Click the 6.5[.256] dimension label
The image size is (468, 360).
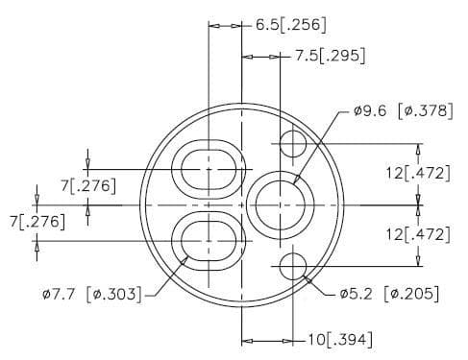tap(287, 24)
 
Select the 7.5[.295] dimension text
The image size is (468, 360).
tap(329, 57)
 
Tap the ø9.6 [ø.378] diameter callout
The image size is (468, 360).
tap(403, 110)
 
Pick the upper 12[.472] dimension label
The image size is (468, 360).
tap(416, 174)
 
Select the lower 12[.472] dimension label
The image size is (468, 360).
tap(416, 233)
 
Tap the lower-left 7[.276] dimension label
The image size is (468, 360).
tap(36, 222)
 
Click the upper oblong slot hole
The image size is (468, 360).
tap(209, 168)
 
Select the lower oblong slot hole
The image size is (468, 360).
tap(209, 239)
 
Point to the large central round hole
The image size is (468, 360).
tap(280, 204)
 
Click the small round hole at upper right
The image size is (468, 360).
tap(292, 145)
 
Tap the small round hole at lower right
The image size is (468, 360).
tap(292, 265)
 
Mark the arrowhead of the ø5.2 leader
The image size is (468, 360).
tap(306, 277)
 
